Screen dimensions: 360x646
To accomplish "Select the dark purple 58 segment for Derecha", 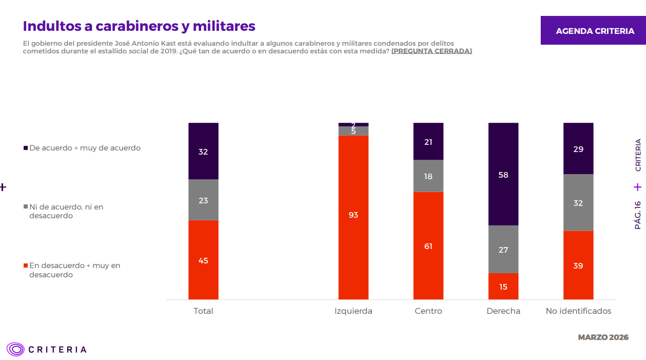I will pos(503,175).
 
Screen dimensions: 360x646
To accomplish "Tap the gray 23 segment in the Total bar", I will pos(203,200).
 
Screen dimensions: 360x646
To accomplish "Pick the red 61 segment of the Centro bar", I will pos(428,245).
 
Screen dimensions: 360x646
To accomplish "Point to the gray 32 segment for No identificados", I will pos(578,202).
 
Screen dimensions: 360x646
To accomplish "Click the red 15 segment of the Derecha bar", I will pos(503,286).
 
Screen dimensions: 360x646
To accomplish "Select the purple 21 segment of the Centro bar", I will pos(428,142).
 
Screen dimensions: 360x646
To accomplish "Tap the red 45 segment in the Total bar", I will pos(203,260).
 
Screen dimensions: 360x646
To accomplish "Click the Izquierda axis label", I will pos(353,311).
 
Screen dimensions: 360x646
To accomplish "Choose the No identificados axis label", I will pos(578,311).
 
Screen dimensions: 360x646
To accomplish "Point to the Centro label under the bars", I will pos(428,311).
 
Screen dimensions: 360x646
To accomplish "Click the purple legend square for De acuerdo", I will pos(26,148).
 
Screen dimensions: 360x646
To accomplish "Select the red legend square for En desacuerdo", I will pos(26,266).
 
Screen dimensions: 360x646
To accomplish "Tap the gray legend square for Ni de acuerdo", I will pos(26,207).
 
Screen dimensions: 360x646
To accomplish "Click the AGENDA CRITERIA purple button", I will pos(595,31).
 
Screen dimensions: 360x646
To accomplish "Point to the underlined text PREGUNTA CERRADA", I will pos(431,51).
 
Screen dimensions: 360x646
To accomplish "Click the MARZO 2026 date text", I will pos(603,337).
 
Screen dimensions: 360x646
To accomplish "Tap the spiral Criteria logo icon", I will pos(16,350).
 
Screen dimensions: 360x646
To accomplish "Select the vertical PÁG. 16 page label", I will pos(638,215).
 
